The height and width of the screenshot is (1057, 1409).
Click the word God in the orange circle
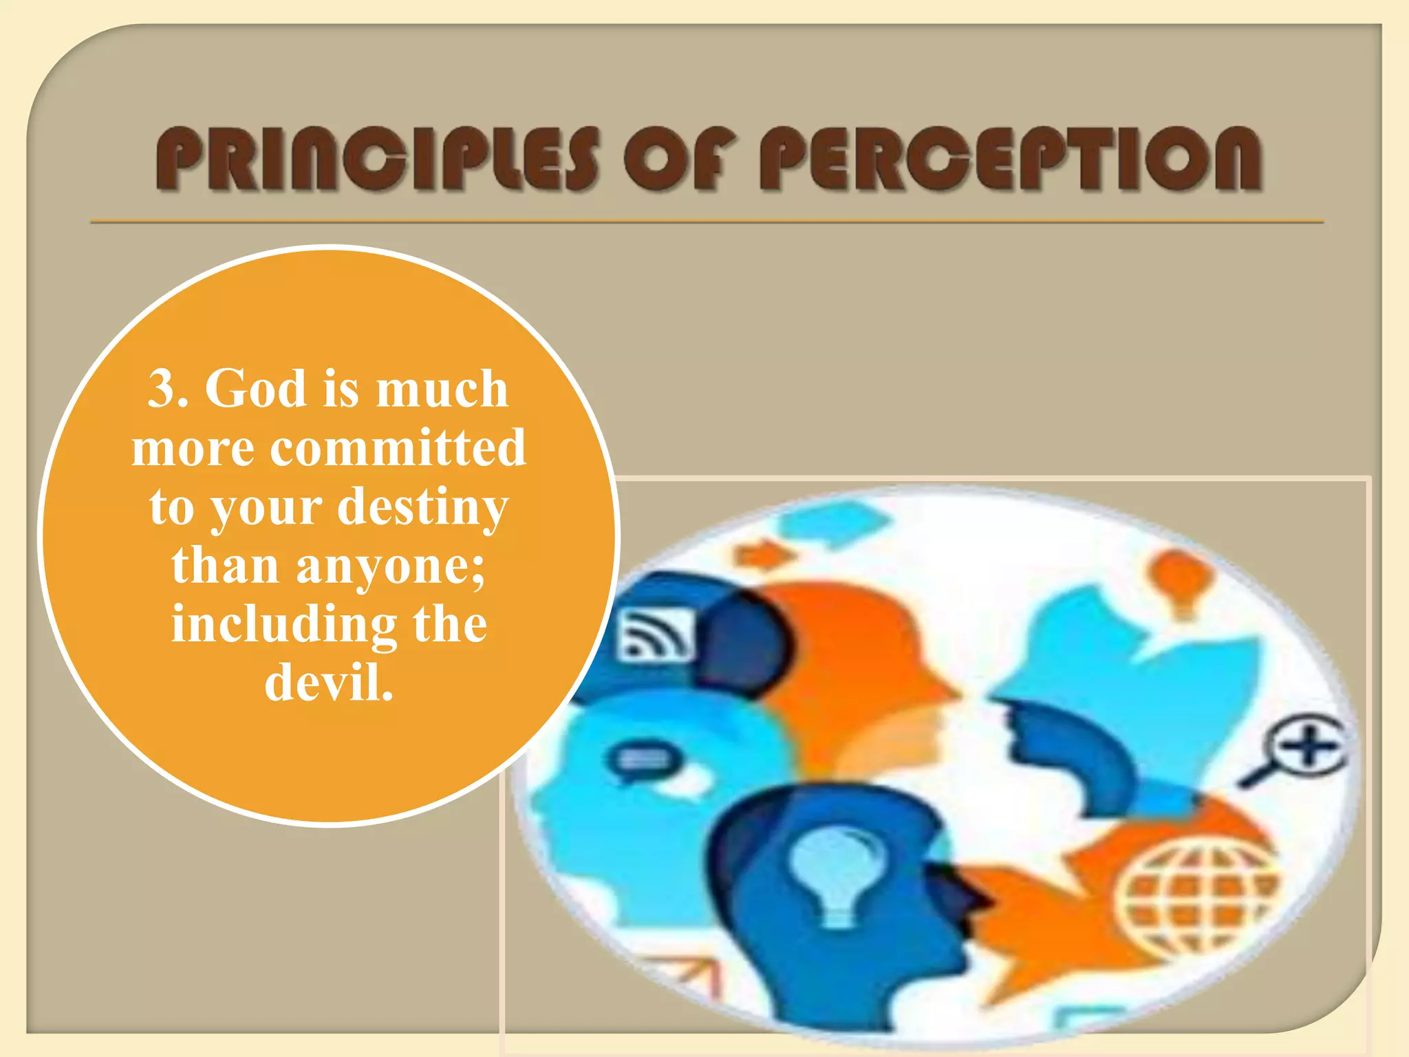(255, 389)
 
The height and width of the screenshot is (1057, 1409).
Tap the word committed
(398, 448)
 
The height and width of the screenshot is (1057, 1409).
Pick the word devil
(328, 683)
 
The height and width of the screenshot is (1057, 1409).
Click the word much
(442, 389)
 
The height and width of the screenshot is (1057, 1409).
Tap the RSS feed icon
(654, 634)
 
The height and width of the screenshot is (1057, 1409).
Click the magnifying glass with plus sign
(1300, 750)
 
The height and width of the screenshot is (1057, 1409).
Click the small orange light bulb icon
(1181, 578)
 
